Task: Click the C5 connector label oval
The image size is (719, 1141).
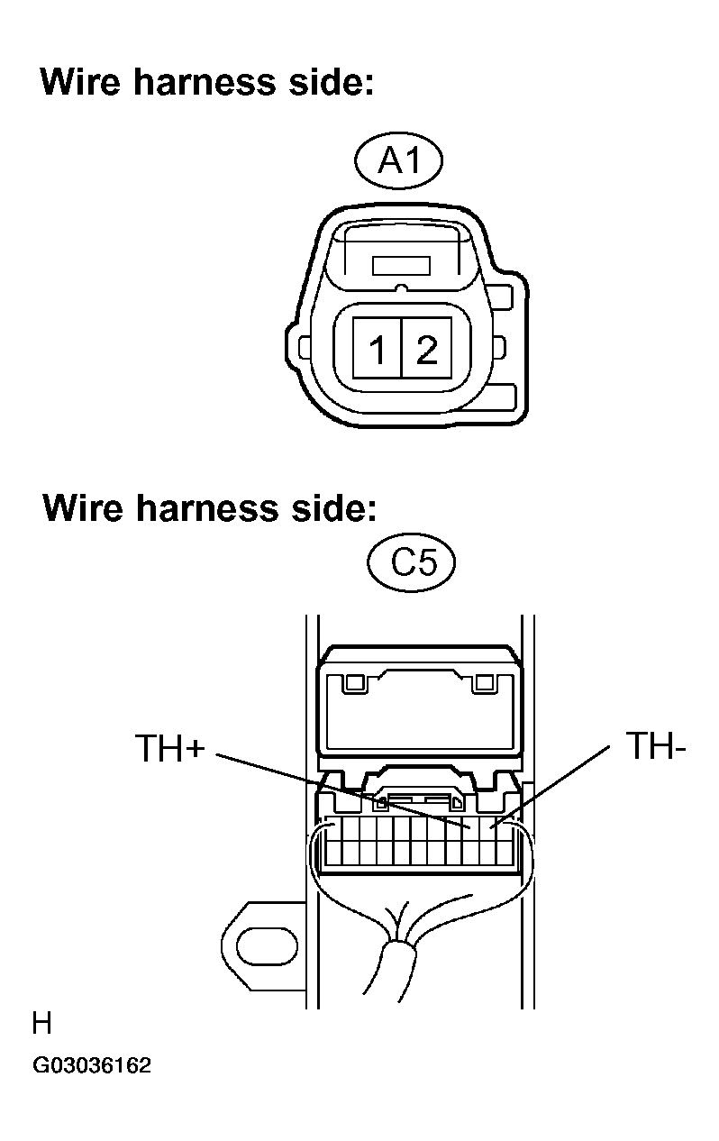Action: pyautogui.click(x=412, y=562)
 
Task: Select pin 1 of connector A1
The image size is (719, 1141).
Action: pyautogui.click(x=378, y=348)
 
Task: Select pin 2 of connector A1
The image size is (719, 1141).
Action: pyautogui.click(x=427, y=348)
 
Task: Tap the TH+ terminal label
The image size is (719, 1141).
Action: pyautogui.click(x=169, y=747)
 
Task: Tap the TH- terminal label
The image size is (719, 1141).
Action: pyautogui.click(x=656, y=745)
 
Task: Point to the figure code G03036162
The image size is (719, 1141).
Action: pyautogui.click(x=92, y=1065)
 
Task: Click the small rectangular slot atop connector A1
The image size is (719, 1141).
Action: pyautogui.click(x=401, y=266)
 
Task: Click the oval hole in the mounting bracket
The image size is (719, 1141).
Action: pyautogui.click(x=267, y=947)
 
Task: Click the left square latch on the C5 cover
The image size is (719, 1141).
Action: pyautogui.click(x=355, y=682)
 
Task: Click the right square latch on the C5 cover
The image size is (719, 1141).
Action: pyautogui.click(x=484, y=682)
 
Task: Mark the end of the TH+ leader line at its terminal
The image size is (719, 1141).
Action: pyautogui.click(x=470, y=829)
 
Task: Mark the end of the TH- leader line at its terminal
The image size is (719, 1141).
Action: pyautogui.click(x=490, y=827)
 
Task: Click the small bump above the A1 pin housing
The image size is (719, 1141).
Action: pyautogui.click(x=402, y=288)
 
